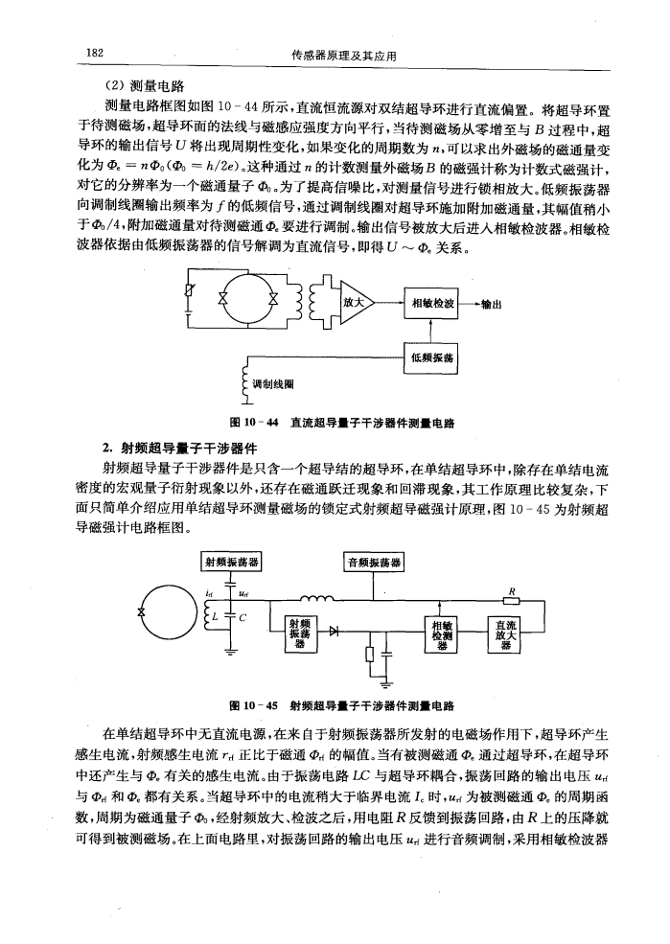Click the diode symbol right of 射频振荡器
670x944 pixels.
click(x=333, y=633)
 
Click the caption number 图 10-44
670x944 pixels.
click(x=252, y=421)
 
